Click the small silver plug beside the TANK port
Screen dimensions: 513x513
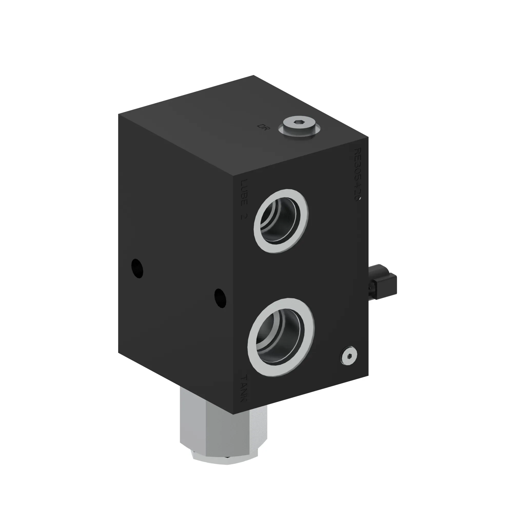[348, 356]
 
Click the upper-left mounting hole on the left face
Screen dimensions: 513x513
[137, 268]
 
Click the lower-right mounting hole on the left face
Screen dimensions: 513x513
[220, 298]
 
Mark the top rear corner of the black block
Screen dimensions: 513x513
[254, 76]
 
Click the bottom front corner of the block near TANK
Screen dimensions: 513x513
[233, 414]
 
